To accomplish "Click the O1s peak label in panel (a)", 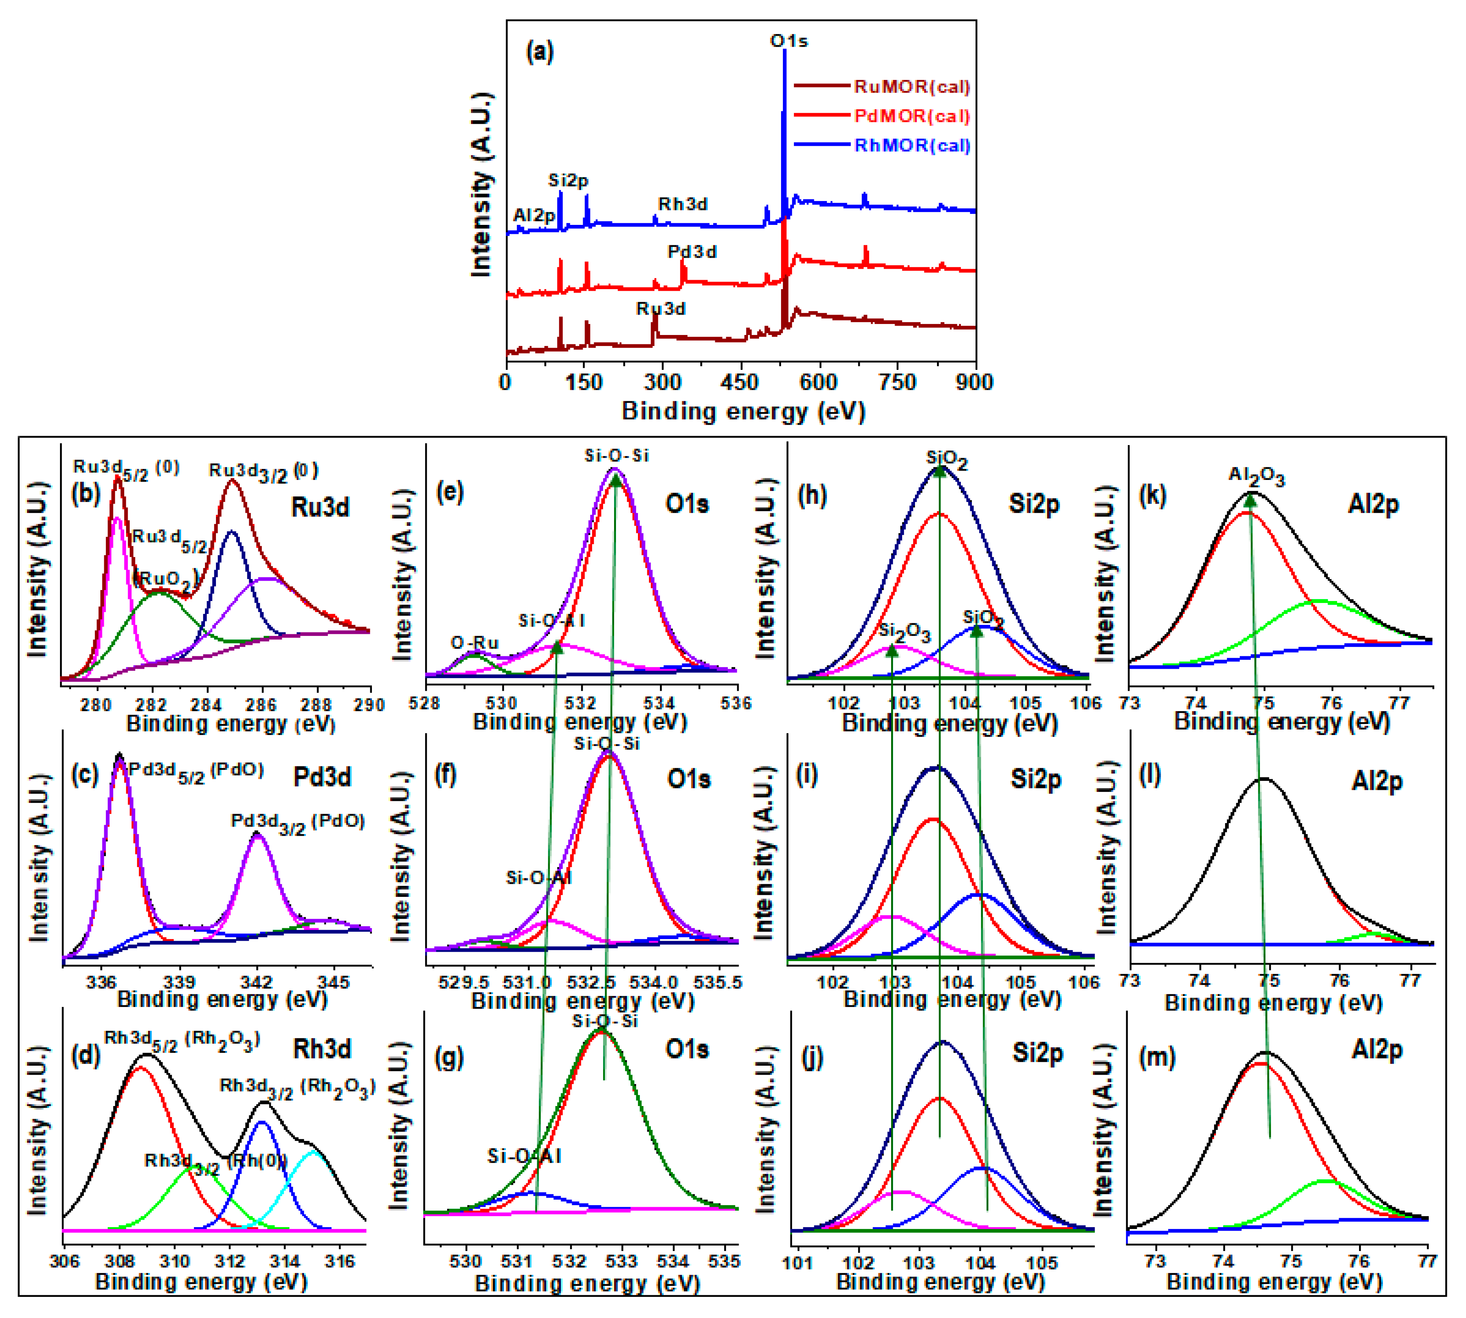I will pos(788,41).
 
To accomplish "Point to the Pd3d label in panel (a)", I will pos(692,252).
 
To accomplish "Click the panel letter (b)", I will pos(85,494).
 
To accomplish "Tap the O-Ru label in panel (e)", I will pos(475,643).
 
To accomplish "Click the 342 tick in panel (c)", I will pos(256,983).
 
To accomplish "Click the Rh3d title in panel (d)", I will pos(322,1048).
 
